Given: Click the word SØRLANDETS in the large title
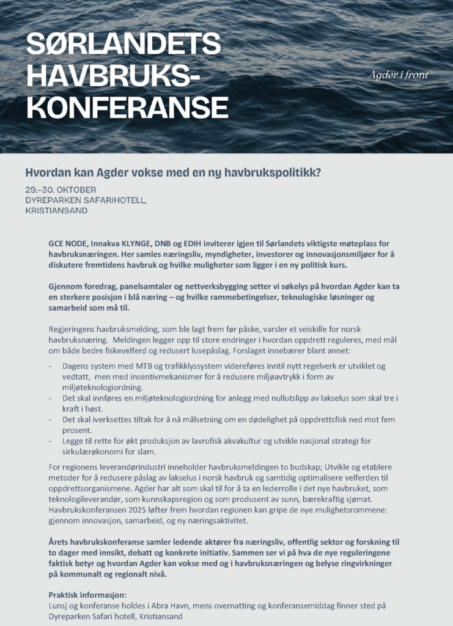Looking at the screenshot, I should click(x=123, y=43).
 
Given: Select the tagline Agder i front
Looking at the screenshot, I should click(x=398, y=75).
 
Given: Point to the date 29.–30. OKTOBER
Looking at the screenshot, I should click(x=61, y=190).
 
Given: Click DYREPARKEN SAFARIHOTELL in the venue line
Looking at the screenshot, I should click(x=86, y=200).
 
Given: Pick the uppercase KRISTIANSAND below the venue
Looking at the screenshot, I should click(x=56, y=210).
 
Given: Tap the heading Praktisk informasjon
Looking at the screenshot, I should click(x=87, y=594).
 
